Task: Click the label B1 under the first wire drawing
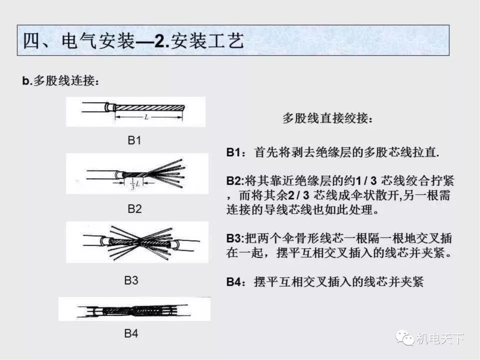click(x=134, y=140)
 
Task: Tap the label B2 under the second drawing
click(x=135, y=208)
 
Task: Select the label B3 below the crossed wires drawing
click(x=131, y=280)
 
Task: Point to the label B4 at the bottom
click(x=131, y=333)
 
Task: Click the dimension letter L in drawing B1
click(x=147, y=117)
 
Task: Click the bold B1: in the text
click(x=236, y=152)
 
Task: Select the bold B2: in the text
click(x=236, y=181)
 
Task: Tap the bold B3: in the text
click(x=236, y=238)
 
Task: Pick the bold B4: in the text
click(x=236, y=282)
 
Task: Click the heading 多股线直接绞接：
click(x=328, y=119)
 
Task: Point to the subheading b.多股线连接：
click(x=60, y=81)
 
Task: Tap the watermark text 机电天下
click(x=440, y=339)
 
